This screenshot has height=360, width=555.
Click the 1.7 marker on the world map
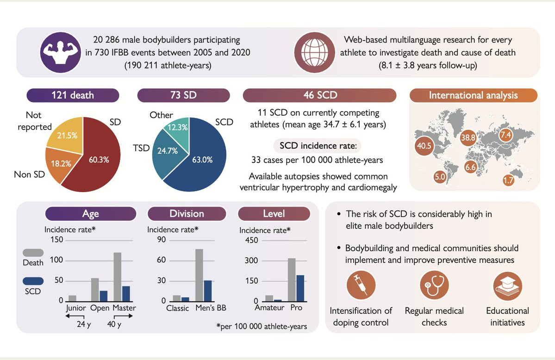(508, 180)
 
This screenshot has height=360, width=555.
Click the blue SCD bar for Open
(104, 296)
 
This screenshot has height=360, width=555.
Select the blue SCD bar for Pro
(300, 288)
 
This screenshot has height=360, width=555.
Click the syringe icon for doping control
(360, 286)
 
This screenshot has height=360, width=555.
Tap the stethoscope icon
(434, 286)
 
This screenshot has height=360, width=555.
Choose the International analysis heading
(473, 96)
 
